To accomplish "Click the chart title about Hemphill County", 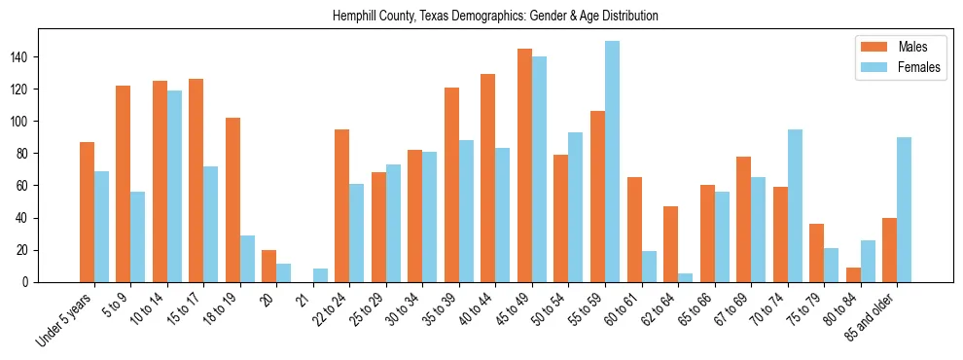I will tap(495, 16).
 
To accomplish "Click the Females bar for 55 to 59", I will tap(612, 162).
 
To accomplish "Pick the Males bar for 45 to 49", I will tap(524, 165).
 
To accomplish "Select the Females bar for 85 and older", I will tap(904, 210).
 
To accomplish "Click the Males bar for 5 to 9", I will tap(124, 184).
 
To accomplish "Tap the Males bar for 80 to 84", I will tap(853, 274).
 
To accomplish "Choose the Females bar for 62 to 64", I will tap(685, 278).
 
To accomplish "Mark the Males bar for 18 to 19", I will tap(232, 199).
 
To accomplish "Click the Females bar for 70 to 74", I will tap(795, 206).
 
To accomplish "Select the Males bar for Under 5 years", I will tap(87, 212).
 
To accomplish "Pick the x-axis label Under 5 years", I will tap(65, 319).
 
